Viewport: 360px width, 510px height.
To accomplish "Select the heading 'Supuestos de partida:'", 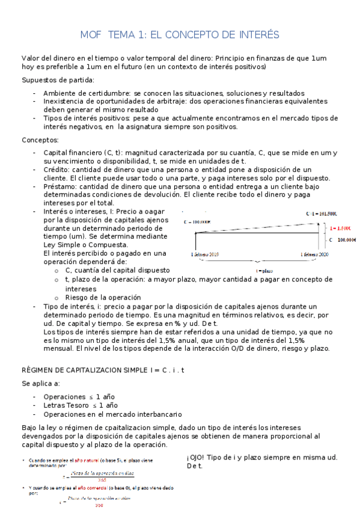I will tap(58, 80).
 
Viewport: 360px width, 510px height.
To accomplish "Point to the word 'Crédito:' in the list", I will tap(58, 170).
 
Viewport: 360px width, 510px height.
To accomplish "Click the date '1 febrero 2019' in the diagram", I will tap(205, 254).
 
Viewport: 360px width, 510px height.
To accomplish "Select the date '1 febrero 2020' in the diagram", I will tap(315, 254).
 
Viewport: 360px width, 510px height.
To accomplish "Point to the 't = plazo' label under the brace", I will tap(263, 271).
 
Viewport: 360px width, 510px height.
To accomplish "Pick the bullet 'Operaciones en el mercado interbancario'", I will tap(112, 414).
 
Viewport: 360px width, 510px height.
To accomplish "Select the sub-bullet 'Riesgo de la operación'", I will tap(103, 297).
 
